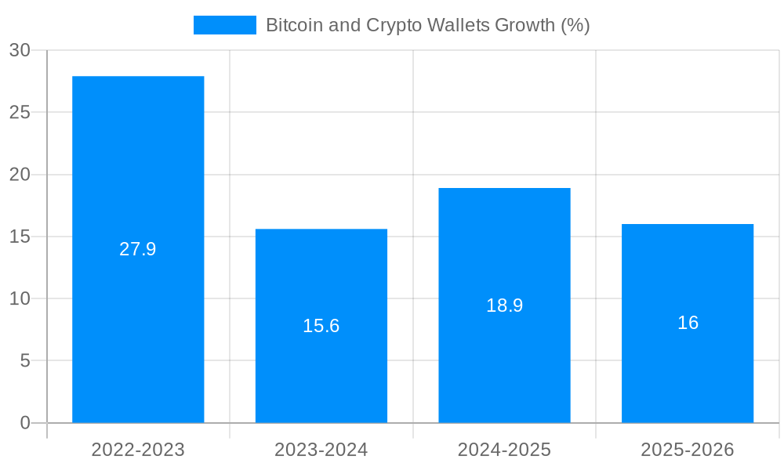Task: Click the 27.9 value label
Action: coord(138,249)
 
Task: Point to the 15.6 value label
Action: coord(321,326)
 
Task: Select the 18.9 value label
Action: coord(504,305)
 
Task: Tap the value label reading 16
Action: coord(688,323)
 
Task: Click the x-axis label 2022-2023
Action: coord(138,450)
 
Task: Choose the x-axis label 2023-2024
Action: coord(321,450)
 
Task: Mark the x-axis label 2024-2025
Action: coord(504,450)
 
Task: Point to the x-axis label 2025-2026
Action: coord(688,450)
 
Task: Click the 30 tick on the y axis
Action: coord(20,50)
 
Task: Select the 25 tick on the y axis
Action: coord(20,112)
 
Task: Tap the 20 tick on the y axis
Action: coord(20,174)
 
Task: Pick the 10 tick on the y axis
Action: coord(20,298)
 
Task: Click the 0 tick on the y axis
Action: coord(25,423)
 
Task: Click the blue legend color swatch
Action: coord(225,25)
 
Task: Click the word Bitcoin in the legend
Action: coord(289,25)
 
